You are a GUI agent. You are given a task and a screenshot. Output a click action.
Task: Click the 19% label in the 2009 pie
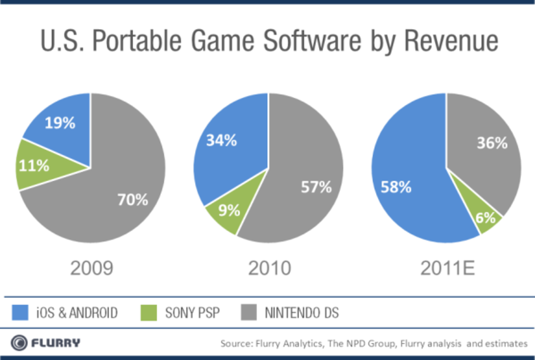[60, 123]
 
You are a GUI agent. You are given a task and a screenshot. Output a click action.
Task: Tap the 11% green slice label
[33, 166]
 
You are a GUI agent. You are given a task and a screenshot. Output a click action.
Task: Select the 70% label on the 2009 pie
[132, 200]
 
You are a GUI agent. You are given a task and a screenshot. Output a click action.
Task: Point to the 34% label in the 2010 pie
[222, 141]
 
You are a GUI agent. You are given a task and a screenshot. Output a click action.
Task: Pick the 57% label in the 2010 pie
[316, 188]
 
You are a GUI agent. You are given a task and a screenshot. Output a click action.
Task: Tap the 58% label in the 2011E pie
[396, 188]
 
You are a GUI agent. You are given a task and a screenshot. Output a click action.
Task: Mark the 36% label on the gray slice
[492, 143]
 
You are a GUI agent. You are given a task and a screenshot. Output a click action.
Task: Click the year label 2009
[91, 268]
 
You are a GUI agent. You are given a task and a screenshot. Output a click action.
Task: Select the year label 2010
[270, 268]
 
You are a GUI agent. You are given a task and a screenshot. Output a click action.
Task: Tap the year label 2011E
[448, 268]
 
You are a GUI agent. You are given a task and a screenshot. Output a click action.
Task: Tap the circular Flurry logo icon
[19, 343]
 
